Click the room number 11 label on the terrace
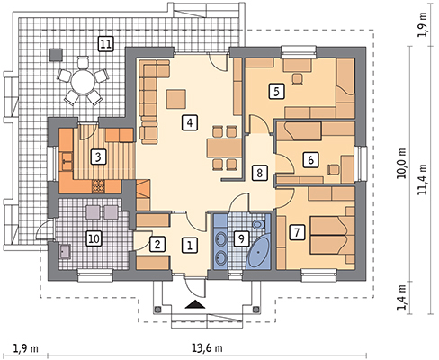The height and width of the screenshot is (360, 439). [x=105, y=45]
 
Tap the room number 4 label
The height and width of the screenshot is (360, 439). [x=190, y=122]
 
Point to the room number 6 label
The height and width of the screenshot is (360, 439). [x=310, y=159]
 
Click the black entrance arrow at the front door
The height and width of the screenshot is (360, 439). [x=195, y=304]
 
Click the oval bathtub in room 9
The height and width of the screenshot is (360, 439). [x=258, y=252]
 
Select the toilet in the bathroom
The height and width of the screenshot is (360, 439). [x=258, y=224]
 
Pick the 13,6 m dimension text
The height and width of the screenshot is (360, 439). [x=207, y=348]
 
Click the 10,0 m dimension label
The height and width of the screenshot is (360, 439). [x=401, y=163]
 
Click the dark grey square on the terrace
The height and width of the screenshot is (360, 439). [x=56, y=55]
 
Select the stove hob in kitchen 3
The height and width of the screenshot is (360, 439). [x=99, y=186]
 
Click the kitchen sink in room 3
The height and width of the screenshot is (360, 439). [x=67, y=161]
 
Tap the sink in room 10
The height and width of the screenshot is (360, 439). [x=65, y=251]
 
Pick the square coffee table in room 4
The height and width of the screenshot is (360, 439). [x=176, y=99]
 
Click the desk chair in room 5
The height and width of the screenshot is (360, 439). [x=297, y=79]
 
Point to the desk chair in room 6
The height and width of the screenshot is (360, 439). [x=334, y=169]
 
